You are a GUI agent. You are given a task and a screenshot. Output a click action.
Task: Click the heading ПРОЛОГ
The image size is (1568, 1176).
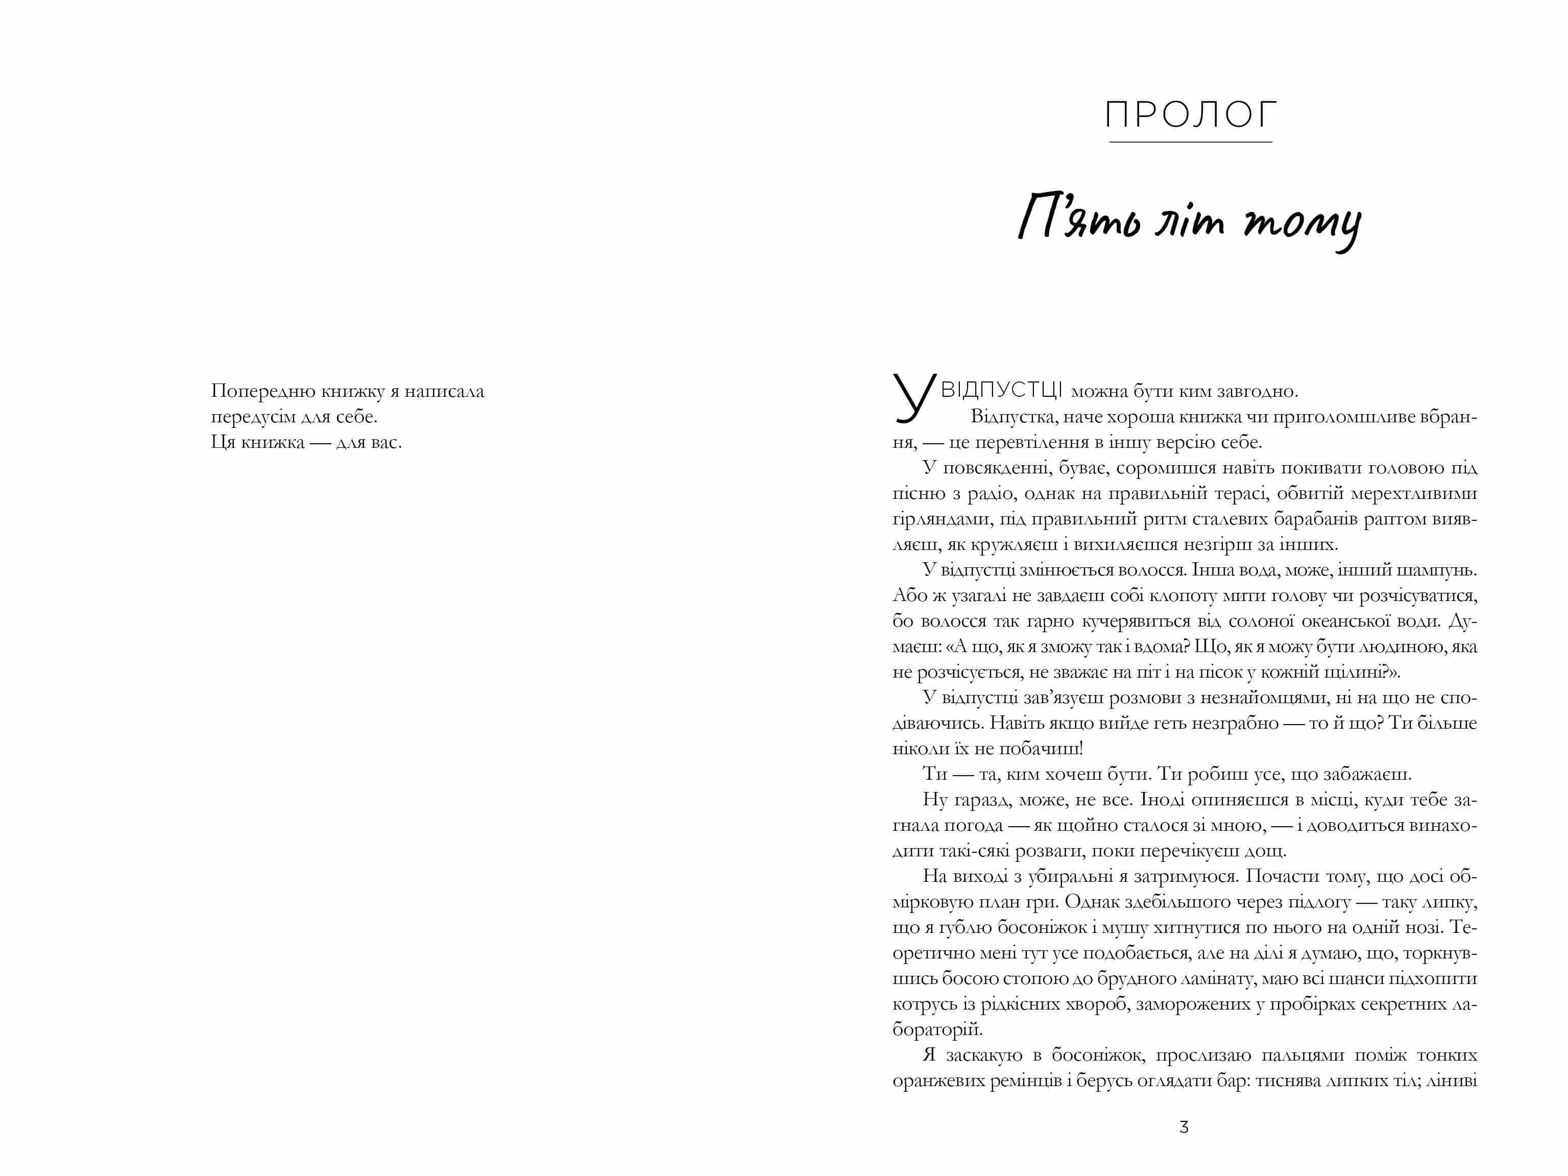1191,115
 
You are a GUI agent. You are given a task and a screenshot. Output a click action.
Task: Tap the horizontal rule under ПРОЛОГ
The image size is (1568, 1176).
1191,142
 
